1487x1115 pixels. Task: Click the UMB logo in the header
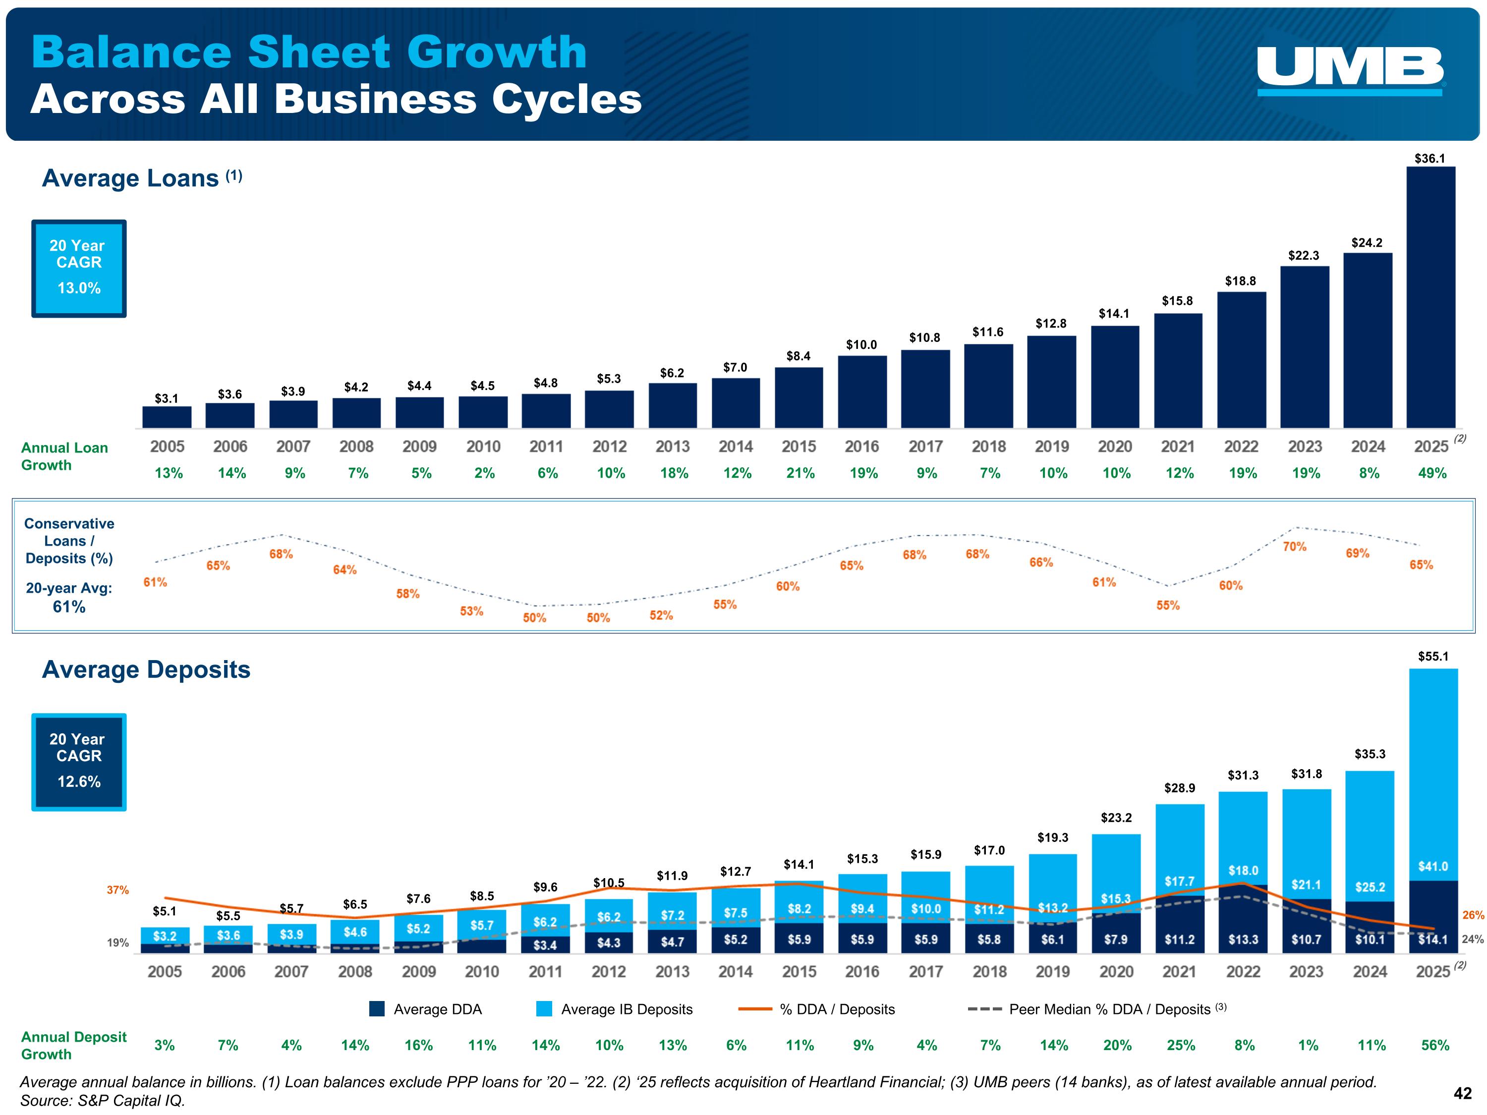[1350, 70]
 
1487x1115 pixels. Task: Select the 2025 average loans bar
[1430, 297]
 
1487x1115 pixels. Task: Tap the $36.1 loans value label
[1429, 159]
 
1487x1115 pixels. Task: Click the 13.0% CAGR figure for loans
[79, 288]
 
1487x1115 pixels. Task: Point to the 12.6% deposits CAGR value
[79, 781]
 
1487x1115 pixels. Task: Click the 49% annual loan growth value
[1432, 473]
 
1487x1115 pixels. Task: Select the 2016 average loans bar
[862, 392]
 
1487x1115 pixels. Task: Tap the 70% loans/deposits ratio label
[1294, 547]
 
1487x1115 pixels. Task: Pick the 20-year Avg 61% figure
[69, 607]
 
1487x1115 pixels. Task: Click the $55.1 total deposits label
[1432, 657]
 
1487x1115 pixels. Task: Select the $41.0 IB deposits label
[1432, 866]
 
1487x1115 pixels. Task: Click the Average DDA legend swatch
[377, 1009]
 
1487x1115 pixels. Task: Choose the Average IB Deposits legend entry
[626, 1009]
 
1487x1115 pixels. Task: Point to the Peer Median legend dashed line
[984, 1009]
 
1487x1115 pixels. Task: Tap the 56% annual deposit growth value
[1434, 1045]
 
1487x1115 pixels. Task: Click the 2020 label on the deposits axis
[1116, 971]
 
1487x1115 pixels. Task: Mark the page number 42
[1462, 1094]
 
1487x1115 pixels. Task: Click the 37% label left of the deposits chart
[117, 890]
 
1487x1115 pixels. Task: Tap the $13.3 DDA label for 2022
[1243, 940]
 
